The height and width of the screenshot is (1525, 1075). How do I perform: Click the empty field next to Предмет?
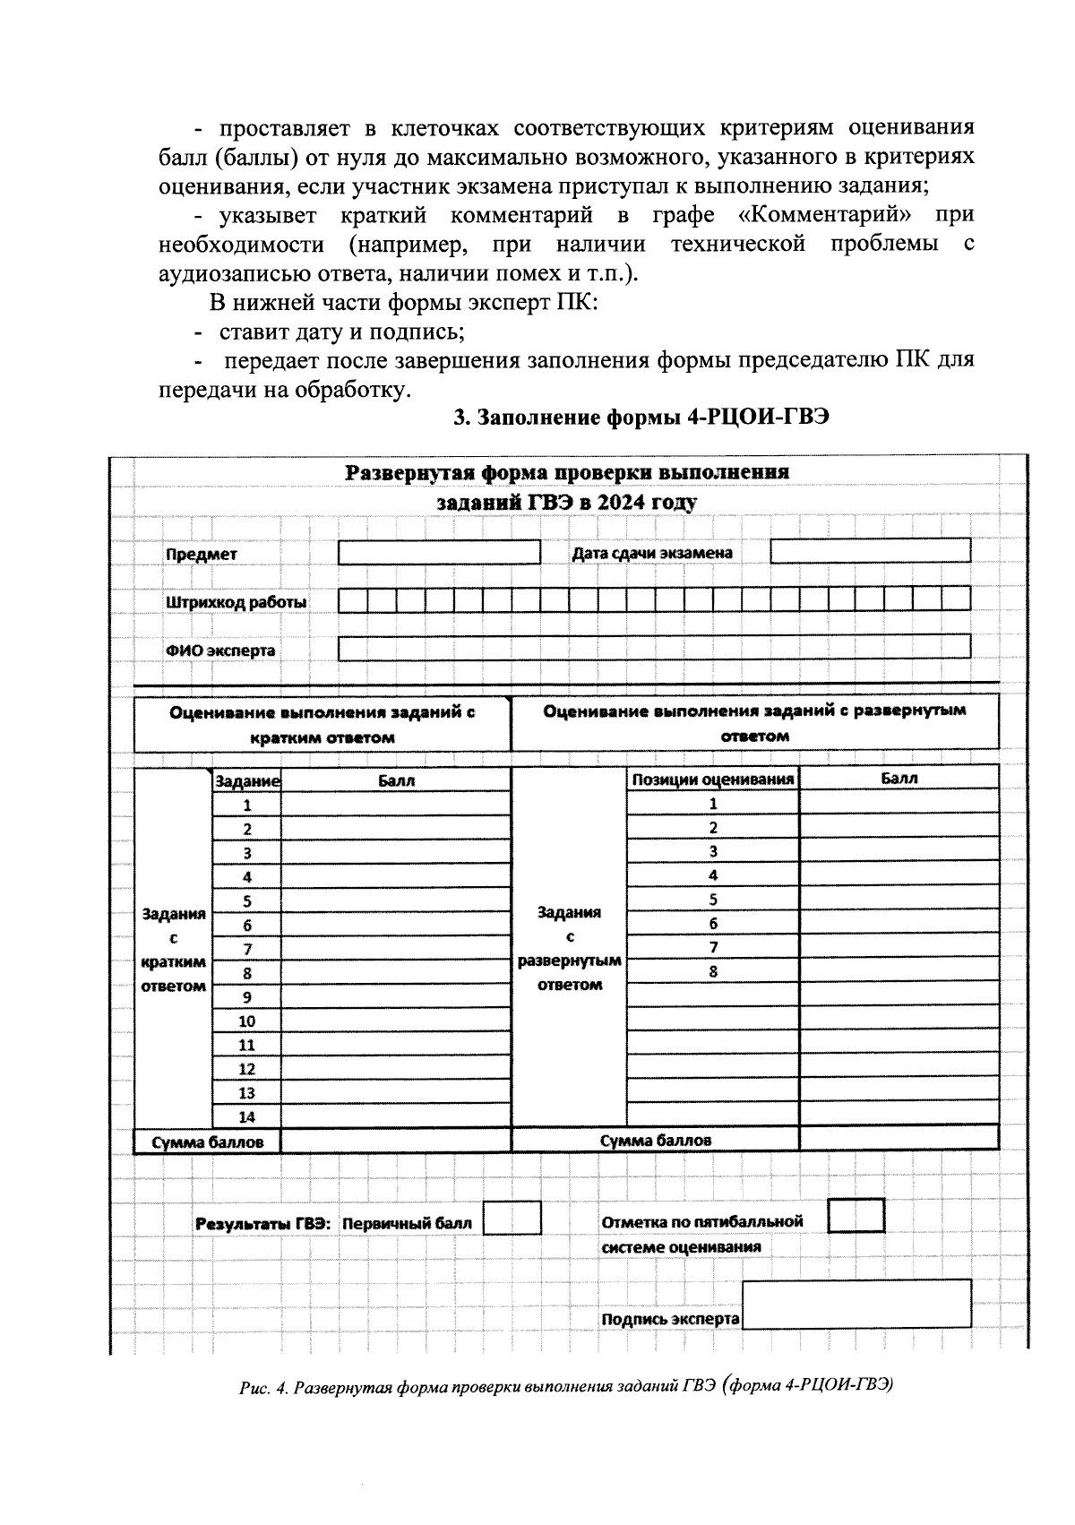(439, 553)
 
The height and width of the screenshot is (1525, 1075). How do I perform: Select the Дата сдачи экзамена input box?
(870, 550)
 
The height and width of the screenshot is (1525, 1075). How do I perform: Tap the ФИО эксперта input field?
(654, 647)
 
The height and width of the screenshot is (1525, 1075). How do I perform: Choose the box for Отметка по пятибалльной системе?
(856, 1216)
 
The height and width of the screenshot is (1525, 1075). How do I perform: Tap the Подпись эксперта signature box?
(856, 1304)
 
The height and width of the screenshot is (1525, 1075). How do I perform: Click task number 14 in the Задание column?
(246, 1116)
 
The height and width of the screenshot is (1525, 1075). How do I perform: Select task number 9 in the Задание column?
(246, 996)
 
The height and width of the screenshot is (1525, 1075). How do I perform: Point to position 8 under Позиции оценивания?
(713, 971)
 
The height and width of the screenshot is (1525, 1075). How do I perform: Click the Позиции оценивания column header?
(713, 780)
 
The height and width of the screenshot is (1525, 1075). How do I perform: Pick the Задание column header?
(247, 781)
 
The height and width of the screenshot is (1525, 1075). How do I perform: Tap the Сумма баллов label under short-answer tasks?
(208, 1142)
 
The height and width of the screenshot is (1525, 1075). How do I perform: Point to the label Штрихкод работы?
(236, 602)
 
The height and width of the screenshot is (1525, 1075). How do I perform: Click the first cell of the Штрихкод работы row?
(353, 599)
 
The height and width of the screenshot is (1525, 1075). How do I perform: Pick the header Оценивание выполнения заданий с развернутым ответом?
(754, 723)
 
